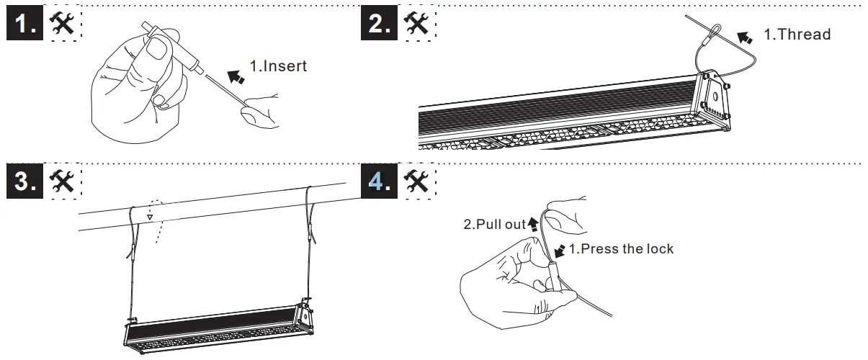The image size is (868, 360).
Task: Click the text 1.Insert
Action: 278,66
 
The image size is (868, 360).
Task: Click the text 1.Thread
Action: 797,34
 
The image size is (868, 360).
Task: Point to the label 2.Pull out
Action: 494,225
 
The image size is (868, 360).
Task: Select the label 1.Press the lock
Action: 621,249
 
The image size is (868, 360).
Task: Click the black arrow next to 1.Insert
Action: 236,74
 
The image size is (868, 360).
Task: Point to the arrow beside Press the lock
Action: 560,251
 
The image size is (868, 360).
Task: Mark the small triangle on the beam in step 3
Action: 150,215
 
